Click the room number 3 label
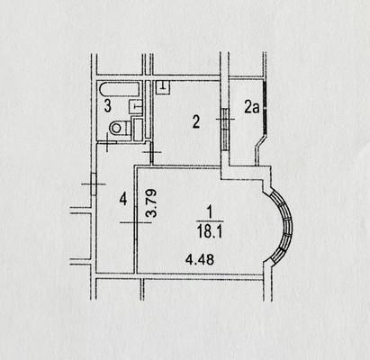[x=107, y=106]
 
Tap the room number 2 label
[x=196, y=122]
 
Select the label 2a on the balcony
[x=251, y=108]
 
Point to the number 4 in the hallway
[x=123, y=199]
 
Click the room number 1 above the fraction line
[x=210, y=212]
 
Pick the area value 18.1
[x=210, y=231]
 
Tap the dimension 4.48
[x=200, y=259]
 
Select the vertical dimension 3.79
[x=151, y=203]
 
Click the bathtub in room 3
[x=120, y=89]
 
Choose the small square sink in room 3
[x=135, y=106]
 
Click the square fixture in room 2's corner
[x=163, y=86]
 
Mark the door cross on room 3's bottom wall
[x=107, y=142]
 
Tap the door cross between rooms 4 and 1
[x=135, y=222]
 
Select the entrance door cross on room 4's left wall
[x=94, y=184]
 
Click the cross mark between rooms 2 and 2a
[x=225, y=119]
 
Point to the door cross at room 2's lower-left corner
[x=152, y=152]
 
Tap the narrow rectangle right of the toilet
[x=138, y=130]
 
